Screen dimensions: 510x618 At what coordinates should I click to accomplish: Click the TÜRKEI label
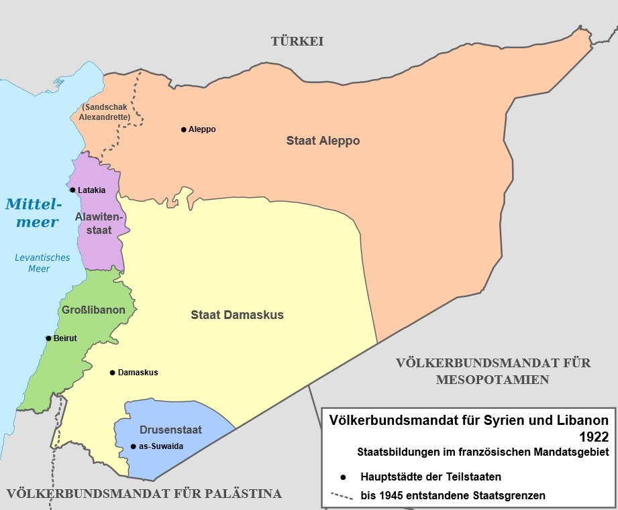pyautogui.click(x=297, y=42)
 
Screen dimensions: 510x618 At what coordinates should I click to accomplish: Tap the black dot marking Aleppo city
pyautogui.click(x=183, y=129)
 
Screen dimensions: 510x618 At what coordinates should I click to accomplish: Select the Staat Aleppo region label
pyautogui.click(x=323, y=141)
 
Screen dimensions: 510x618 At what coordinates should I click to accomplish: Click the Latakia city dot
pyautogui.click(x=72, y=190)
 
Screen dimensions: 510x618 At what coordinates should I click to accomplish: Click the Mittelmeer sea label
pyautogui.click(x=33, y=212)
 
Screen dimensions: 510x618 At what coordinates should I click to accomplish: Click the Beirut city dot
pyautogui.click(x=48, y=338)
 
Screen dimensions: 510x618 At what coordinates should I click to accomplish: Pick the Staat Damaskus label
pyautogui.click(x=237, y=314)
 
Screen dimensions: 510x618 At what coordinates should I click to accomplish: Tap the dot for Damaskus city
pyautogui.click(x=112, y=373)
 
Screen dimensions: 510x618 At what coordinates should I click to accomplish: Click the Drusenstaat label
pyautogui.click(x=170, y=430)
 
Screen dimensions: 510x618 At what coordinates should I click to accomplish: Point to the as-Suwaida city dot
pyautogui.click(x=133, y=446)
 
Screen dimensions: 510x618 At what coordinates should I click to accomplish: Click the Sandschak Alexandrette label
pyautogui.click(x=104, y=111)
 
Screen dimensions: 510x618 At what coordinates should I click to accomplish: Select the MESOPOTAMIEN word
pyautogui.click(x=493, y=380)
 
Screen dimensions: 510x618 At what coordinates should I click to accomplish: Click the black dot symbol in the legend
pyautogui.click(x=343, y=477)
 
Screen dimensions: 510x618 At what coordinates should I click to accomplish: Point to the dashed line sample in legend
pyautogui.click(x=343, y=497)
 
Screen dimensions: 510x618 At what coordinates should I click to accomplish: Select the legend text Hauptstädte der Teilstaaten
pyautogui.click(x=431, y=477)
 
